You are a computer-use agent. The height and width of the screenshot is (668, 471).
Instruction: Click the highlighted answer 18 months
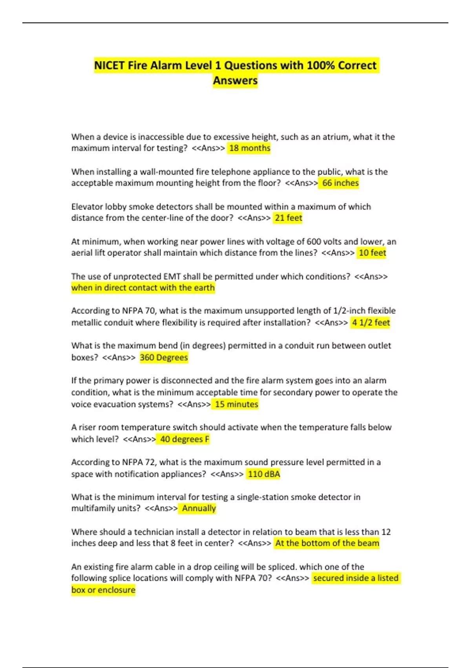[250, 148]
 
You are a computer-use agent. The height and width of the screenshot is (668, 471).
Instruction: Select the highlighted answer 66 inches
[340, 183]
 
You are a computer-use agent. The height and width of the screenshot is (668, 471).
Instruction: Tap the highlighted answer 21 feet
[288, 218]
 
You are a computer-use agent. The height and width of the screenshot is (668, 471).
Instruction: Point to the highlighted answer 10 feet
[372, 253]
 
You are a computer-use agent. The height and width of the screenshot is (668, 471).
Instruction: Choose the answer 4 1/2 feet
[371, 323]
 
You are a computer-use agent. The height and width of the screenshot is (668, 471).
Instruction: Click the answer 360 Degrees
[164, 358]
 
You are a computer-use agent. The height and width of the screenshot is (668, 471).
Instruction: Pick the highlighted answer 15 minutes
[236, 404]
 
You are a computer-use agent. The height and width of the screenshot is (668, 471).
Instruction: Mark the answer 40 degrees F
[184, 439]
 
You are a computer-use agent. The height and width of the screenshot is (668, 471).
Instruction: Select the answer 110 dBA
[264, 474]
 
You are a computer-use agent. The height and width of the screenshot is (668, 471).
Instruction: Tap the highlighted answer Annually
[199, 508]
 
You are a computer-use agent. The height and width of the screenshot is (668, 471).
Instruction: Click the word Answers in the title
[235, 81]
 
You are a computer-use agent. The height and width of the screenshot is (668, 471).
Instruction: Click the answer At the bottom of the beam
[327, 543]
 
